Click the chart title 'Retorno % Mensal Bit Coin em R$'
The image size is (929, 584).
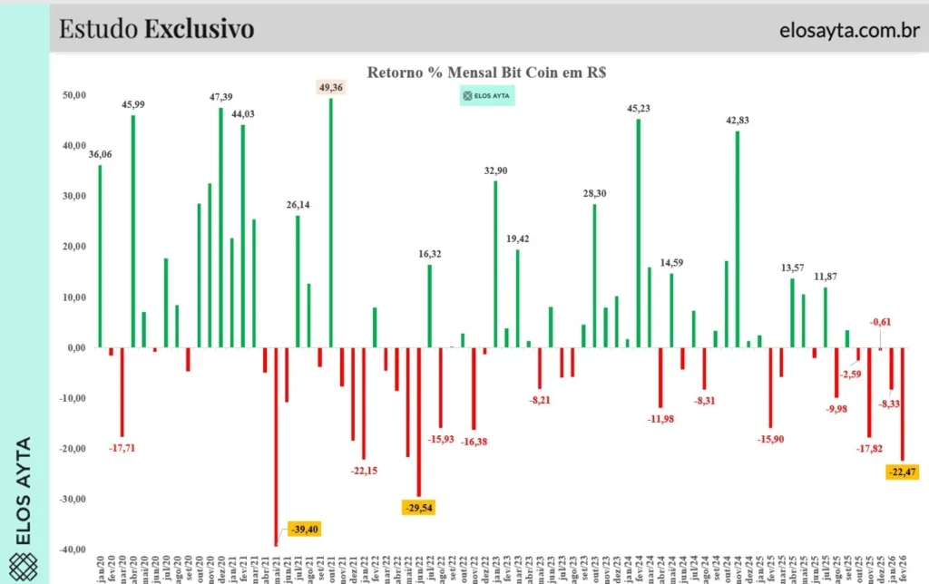tap(486, 73)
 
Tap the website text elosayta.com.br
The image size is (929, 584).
tap(847, 29)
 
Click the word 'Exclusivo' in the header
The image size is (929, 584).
tap(199, 29)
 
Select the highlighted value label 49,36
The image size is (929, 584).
tap(330, 87)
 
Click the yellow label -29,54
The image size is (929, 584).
tap(418, 508)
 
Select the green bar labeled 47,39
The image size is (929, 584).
tap(220, 228)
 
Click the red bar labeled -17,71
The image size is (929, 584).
tap(122, 392)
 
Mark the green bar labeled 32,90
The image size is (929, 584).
tap(495, 264)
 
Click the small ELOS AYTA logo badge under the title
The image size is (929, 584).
tap(486, 95)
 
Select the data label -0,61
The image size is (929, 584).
tap(880, 322)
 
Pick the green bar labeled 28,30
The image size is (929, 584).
tap(594, 276)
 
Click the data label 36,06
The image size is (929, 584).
tap(100, 154)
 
